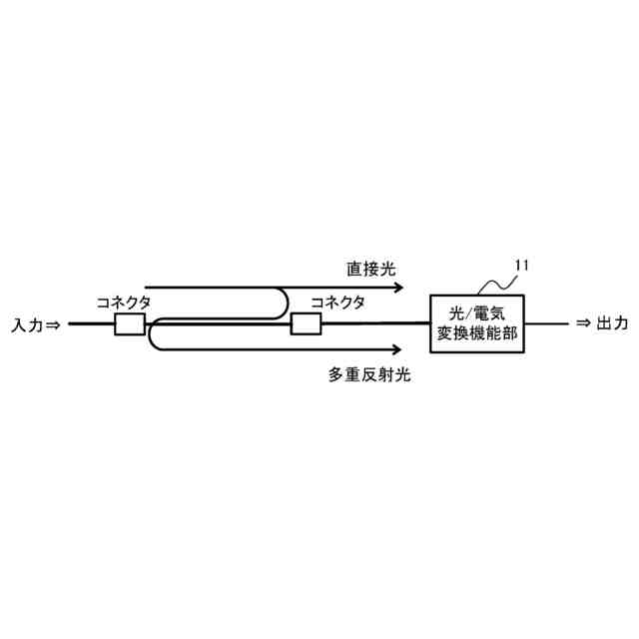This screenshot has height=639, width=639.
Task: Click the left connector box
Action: tap(130, 323)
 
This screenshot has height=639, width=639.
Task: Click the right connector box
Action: tap(306, 323)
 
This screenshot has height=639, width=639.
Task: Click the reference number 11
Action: tap(521, 265)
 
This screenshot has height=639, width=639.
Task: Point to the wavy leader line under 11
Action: tap(495, 284)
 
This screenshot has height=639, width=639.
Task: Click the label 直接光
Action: tap(371, 269)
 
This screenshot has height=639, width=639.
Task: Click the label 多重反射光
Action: tap(369, 375)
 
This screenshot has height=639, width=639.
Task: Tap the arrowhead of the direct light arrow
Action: tap(397, 288)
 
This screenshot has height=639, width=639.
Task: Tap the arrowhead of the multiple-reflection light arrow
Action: tap(397, 349)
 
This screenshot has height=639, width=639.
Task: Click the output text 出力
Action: tap(612, 323)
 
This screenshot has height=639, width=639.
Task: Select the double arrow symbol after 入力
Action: tap(54, 324)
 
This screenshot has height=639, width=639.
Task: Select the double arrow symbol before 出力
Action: tap(583, 323)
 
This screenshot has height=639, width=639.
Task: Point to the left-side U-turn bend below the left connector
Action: tap(151, 336)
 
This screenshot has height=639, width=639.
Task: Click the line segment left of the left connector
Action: tap(90, 323)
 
